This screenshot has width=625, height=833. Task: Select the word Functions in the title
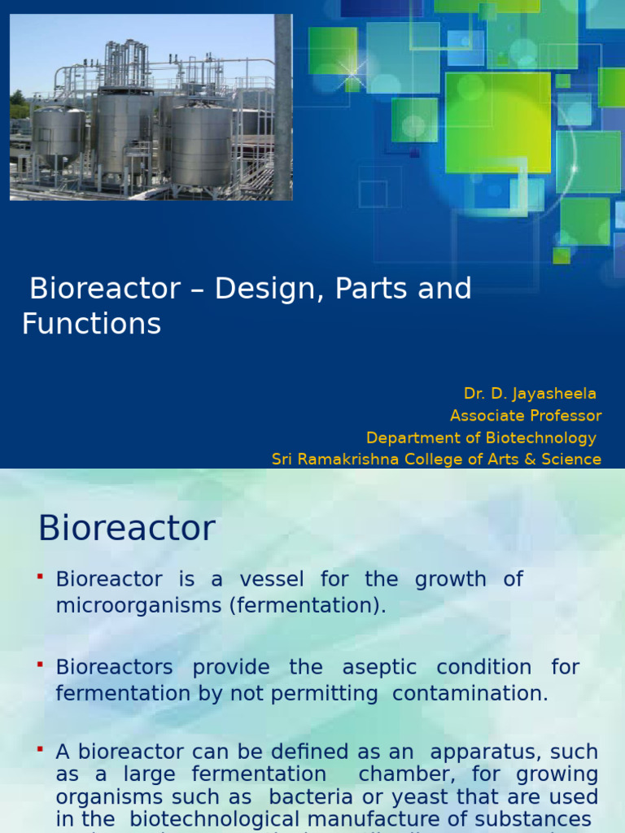pyautogui.click(x=91, y=324)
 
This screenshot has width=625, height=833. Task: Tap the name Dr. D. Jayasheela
pyautogui.click(x=530, y=394)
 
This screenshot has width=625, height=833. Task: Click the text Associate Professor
pyautogui.click(x=526, y=416)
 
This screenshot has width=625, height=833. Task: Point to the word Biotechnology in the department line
pyautogui.click(x=542, y=438)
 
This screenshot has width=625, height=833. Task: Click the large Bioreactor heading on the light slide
pyautogui.click(x=127, y=529)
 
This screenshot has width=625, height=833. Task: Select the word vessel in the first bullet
pyautogui.click(x=271, y=579)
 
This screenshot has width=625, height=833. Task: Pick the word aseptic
pyautogui.click(x=379, y=667)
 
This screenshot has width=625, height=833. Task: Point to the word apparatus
pyautogui.click(x=483, y=752)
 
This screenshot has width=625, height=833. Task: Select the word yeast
pyautogui.click(x=428, y=797)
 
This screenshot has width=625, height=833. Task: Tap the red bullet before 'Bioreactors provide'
pyautogui.click(x=39, y=665)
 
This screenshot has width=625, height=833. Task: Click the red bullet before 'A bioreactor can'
pyautogui.click(x=39, y=748)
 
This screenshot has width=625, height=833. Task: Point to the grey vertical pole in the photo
pyautogui.click(x=282, y=106)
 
